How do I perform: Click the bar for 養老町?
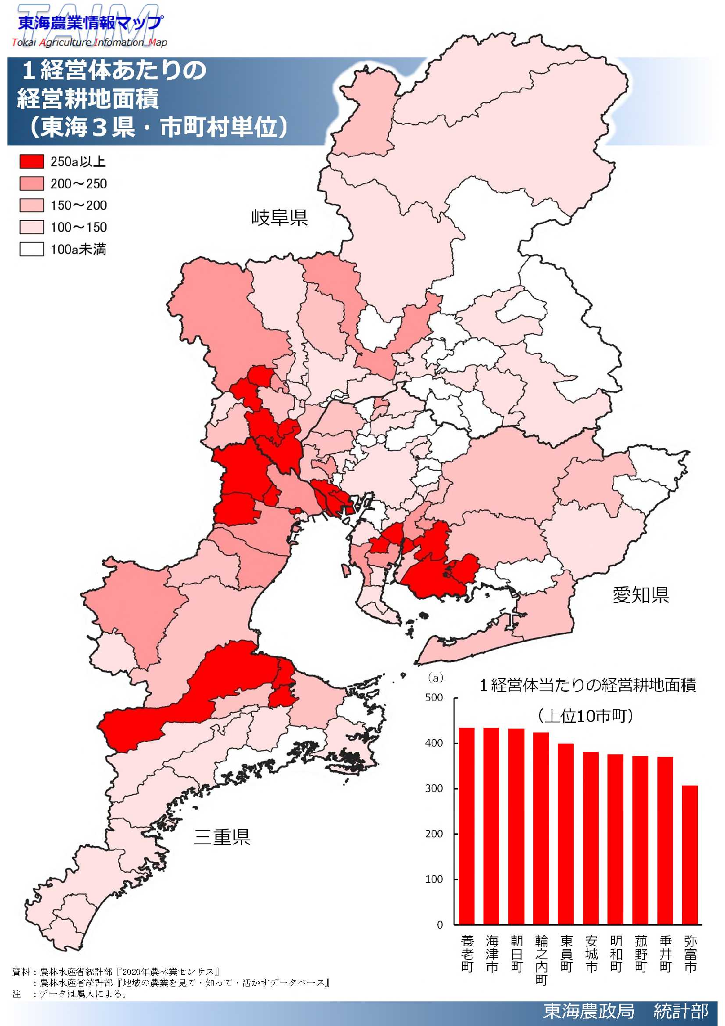(x=467, y=827)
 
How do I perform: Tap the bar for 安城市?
(x=590, y=838)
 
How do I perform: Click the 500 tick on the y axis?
(x=434, y=698)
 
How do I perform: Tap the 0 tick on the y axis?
(x=439, y=925)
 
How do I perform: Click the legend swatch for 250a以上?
(x=32, y=161)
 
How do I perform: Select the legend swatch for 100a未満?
(x=32, y=249)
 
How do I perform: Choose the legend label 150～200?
(x=79, y=206)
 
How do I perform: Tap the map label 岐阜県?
(x=280, y=218)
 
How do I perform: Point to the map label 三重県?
(x=222, y=837)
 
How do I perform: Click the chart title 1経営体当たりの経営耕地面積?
(x=587, y=685)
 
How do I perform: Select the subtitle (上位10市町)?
(x=585, y=716)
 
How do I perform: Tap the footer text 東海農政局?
(x=588, y=1010)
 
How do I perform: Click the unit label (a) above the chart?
(x=436, y=678)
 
